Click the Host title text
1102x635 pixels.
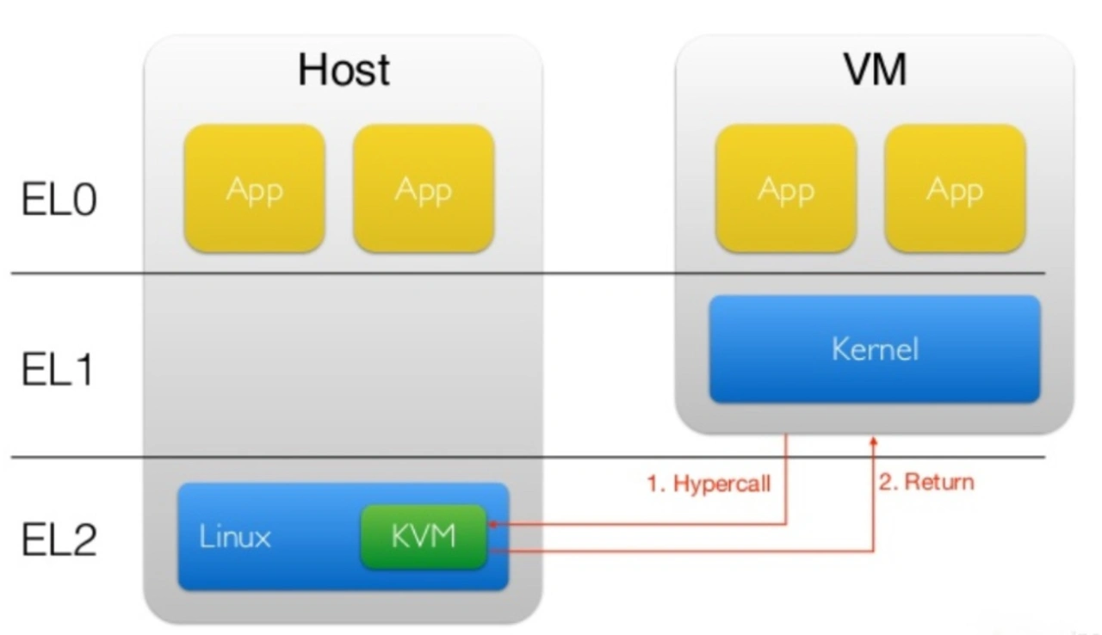click(x=344, y=71)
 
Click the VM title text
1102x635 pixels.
click(x=876, y=70)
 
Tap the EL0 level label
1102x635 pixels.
click(x=59, y=199)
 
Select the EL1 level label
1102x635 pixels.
click(x=58, y=370)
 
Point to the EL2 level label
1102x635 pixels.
click(x=59, y=539)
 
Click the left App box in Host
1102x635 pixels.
click(x=254, y=188)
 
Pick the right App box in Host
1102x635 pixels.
click(x=424, y=188)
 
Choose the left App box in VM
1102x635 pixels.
click(x=786, y=188)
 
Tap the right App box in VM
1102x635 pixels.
click(x=956, y=188)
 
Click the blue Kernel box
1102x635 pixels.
click(x=875, y=349)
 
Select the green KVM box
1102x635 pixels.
click(x=424, y=536)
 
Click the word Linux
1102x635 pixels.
click(x=235, y=536)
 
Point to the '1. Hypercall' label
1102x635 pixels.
click(x=709, y=484)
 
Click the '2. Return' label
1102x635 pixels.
click(x=926, y=482)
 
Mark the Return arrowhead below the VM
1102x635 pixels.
click(x=874, y=441)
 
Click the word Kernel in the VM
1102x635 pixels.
click(x=875, y=349)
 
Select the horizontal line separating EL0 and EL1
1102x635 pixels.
click(x=528, y=273)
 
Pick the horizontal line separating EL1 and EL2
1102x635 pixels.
click(x=528, y=457)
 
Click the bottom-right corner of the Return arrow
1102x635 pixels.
click(x=874, y=552)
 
